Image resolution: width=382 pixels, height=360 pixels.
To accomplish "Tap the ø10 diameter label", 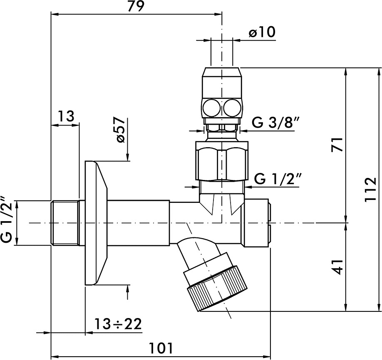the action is [262, 32].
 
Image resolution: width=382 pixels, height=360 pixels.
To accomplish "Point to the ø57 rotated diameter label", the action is [120, 129].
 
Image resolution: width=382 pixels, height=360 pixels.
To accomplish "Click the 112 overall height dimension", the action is [371, 190].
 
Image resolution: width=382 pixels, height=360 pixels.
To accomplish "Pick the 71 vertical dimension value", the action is [337, 145].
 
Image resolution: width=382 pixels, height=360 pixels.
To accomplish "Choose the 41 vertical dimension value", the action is [337, 267].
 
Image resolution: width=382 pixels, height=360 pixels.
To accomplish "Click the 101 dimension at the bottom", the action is [161, 348].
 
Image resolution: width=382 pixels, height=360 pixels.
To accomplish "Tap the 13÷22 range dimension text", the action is [118, 324].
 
